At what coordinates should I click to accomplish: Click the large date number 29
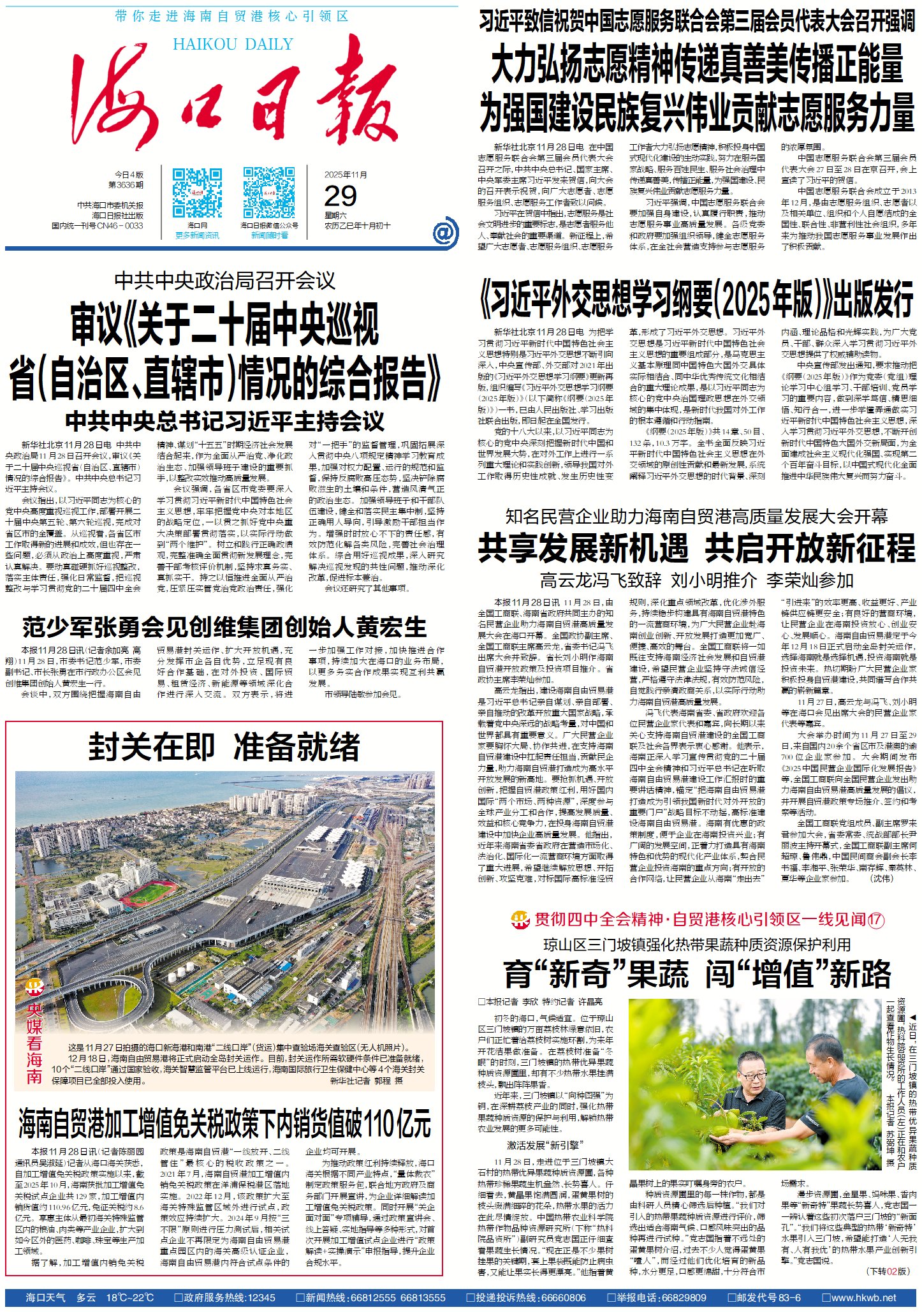[340, 196]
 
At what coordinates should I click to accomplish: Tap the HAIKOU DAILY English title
[233, 44]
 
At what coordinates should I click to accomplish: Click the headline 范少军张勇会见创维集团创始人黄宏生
[224, 628]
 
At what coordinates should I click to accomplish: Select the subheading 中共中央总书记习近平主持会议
[225, 421]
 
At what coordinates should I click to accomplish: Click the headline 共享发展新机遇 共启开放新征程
[696, 547]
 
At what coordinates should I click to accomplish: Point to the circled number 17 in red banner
[876, 919]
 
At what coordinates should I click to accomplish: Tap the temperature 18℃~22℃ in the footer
[130, 1297]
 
